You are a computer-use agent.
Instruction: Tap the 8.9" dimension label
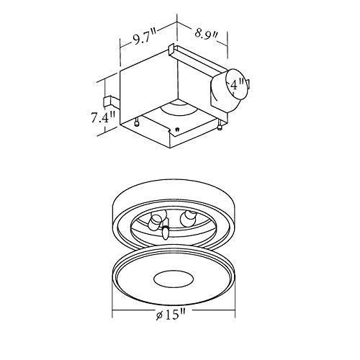(x=208, y=34)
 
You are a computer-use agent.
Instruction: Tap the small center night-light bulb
(x=166, y=232)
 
